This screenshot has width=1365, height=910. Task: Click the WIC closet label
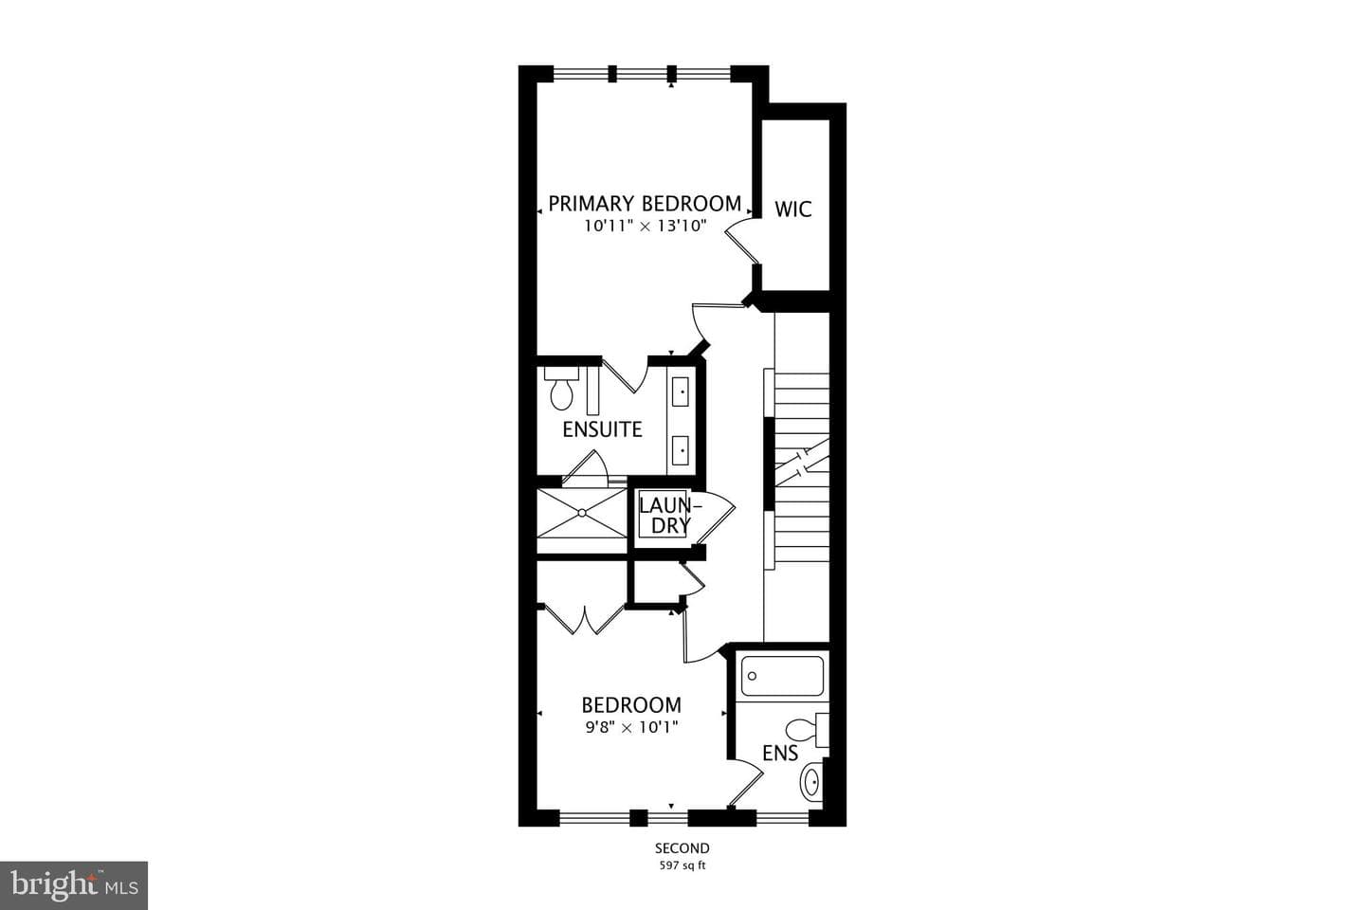click(792, 209)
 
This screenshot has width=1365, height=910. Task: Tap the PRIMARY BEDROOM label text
click(645, 204)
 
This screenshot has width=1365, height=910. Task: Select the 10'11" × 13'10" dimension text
click(645, 227)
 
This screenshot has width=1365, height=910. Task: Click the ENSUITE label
click(602, 429)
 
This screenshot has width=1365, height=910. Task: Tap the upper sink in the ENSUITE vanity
click(681, 391)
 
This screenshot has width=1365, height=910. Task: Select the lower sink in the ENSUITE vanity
click(681, 450)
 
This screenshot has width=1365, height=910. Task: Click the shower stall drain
click(582, 513)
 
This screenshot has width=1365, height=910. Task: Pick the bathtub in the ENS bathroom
click(782, 676)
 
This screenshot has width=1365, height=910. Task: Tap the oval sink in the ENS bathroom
click(811, 783)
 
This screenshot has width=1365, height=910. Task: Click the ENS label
click(780, 754)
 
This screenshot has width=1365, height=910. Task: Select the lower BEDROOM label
click(631, 705)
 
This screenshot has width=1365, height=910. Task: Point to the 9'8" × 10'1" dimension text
click(631, 727)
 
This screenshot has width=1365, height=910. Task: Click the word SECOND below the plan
click(682, 847)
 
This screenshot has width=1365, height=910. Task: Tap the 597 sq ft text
click(682, 865)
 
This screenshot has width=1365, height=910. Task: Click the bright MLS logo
click(74, 885)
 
